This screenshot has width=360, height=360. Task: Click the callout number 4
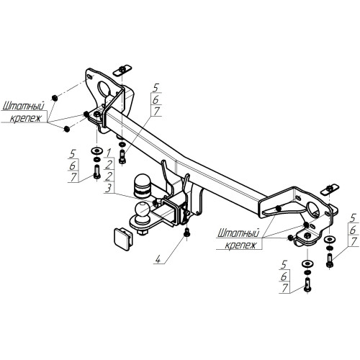(x=158, y=259)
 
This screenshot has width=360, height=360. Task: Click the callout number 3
(x=109, y=188)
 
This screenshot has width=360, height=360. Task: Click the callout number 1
(x=109, y=153)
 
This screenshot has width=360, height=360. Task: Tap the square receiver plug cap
(x=122, y=239)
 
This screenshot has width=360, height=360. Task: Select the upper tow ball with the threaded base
(x=142, y=186)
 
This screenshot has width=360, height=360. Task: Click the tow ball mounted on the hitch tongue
(x=142, y=210)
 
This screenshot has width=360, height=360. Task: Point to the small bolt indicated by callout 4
(x=186, y=233)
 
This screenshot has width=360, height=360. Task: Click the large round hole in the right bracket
(x=312, y=209)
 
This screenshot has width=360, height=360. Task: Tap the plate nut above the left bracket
(x=122, y=70)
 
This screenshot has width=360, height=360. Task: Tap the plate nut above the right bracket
(x=330, y=189)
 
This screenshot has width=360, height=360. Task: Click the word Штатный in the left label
(x=24, y=106)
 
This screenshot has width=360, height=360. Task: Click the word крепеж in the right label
(x=240, y=245)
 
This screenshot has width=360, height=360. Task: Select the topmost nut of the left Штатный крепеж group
(x=55, y=98)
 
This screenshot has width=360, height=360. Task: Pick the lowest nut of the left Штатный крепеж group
(x=66, y=129)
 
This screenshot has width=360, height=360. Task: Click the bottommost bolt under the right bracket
(x=307, y=284)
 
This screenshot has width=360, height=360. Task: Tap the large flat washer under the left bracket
(x=97, y=151)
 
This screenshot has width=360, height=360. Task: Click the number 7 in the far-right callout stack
(x=354, y=241)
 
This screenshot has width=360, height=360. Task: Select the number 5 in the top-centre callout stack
(x=156, y=88)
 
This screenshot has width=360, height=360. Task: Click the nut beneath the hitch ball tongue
(x=143, y=232)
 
